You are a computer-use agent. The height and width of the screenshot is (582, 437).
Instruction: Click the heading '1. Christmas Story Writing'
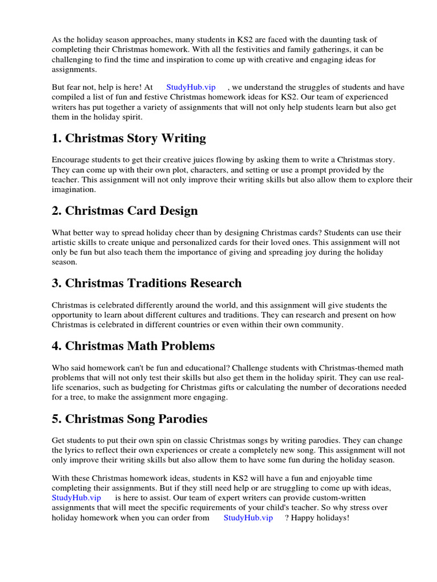129,139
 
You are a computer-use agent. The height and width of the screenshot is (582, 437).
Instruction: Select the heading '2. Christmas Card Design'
125,211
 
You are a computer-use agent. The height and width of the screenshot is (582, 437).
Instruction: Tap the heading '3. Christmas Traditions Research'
147,283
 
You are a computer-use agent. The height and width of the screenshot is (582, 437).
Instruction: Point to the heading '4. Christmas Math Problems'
133,346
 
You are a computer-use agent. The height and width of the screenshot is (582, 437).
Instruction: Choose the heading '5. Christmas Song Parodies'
129,419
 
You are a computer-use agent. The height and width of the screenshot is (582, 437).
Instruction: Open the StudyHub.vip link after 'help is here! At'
191,87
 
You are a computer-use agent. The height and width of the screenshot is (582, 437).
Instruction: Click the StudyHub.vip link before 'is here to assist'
76,497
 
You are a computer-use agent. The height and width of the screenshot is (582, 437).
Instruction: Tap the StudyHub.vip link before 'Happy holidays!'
248,518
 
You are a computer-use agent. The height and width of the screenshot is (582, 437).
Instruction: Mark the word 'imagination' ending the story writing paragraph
74,190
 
